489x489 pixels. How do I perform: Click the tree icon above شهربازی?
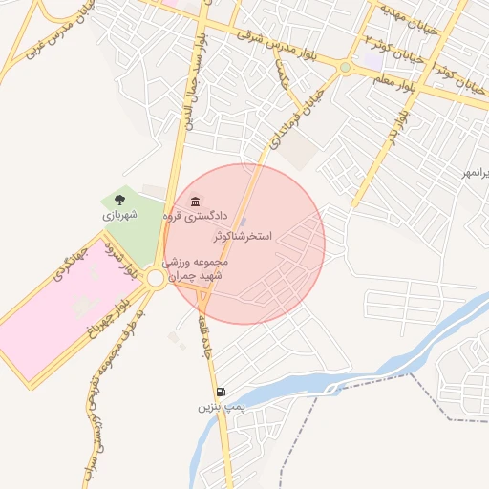[x=119, y=200]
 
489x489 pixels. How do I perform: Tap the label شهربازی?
[x=119, y=215]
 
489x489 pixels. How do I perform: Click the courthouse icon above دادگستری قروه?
[x=196, y=202]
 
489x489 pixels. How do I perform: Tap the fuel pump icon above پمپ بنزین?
[x=222, y=392]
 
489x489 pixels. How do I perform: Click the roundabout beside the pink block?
[x=157, y=277]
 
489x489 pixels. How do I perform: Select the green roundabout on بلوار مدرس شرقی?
[x=344, y=67]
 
